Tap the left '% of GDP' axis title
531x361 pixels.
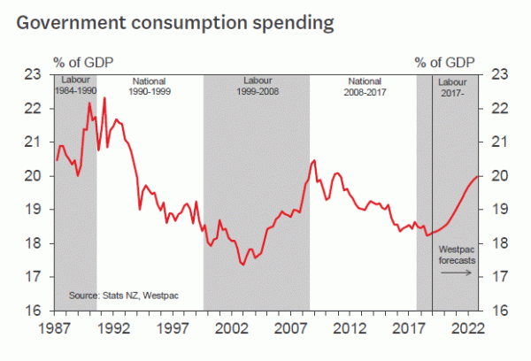84,63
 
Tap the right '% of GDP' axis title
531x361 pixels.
444,63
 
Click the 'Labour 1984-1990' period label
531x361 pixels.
75,85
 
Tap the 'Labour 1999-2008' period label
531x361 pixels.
256,85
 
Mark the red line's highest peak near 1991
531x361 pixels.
104,97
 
